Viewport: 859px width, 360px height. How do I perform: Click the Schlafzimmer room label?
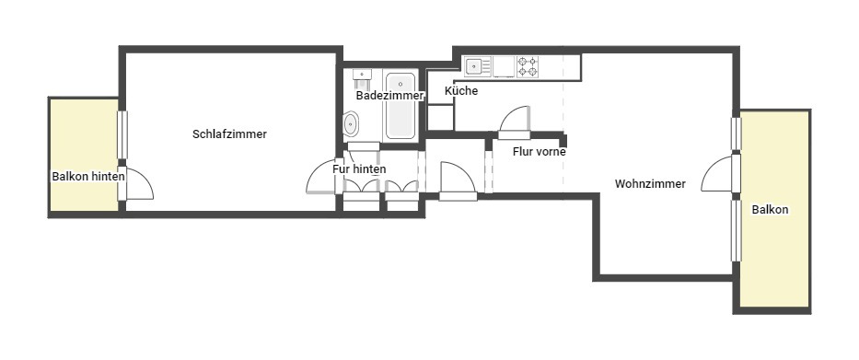(229, 134)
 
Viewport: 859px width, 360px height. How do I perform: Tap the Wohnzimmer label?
(650, 184)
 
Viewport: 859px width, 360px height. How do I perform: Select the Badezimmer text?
(389, 96)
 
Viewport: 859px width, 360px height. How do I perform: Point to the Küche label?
(461, 91)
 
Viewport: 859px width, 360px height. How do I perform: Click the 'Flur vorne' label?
(540, 152)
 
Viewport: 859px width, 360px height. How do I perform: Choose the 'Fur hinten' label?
(359, 169)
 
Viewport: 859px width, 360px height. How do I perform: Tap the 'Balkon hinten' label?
(88, 177)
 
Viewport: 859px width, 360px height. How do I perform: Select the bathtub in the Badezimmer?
(400, 106)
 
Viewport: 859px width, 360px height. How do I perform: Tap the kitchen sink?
(478, 67)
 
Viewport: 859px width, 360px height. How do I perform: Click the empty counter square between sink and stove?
(504, 67)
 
